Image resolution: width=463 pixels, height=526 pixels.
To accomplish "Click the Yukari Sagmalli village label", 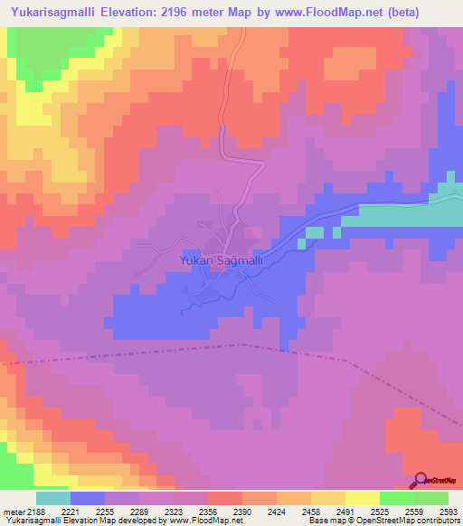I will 222,260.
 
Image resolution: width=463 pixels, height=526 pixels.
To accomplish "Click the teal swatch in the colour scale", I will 53,498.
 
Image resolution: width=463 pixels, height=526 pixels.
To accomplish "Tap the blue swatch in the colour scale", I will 88,498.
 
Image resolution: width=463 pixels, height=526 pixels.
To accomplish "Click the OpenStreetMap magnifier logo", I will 421,480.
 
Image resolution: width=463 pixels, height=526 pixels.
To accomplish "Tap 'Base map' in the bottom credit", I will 324,521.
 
